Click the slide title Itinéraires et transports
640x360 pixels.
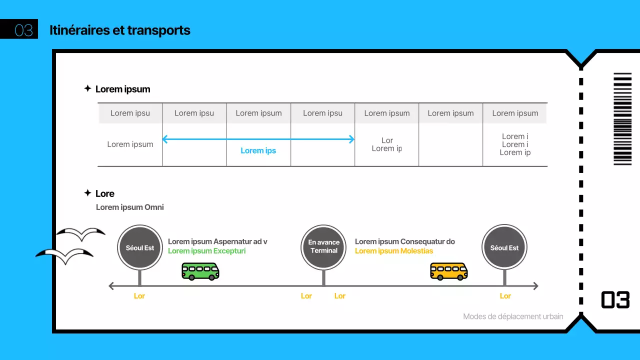point(120,30)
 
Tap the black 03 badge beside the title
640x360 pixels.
point(19,30)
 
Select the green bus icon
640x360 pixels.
point(200,271)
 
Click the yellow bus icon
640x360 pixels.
point(448,271)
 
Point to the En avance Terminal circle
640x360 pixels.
point(323,246)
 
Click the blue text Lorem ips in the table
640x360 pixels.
point(258,150)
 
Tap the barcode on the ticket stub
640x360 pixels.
point(622,118)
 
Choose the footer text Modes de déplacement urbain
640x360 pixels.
point(513,316)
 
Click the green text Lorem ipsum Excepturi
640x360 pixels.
point(206,251)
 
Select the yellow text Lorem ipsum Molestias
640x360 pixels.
point(394,251)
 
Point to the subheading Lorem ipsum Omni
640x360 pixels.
point(129,207)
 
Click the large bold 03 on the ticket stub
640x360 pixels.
point(615,300)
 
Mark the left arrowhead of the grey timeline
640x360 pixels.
point(111,286)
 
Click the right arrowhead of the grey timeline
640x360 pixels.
point(535,286)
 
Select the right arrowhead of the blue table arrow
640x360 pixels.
point(351,139)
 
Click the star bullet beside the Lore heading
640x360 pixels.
point(87,193)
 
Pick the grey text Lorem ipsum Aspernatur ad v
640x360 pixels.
point(217,241)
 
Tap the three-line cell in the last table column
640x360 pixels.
point(515,144)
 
